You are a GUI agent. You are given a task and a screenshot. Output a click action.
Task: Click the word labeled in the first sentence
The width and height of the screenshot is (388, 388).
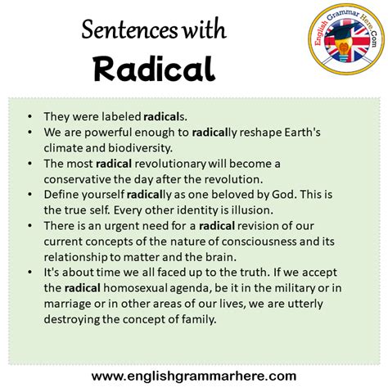click(x=120, y=116)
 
